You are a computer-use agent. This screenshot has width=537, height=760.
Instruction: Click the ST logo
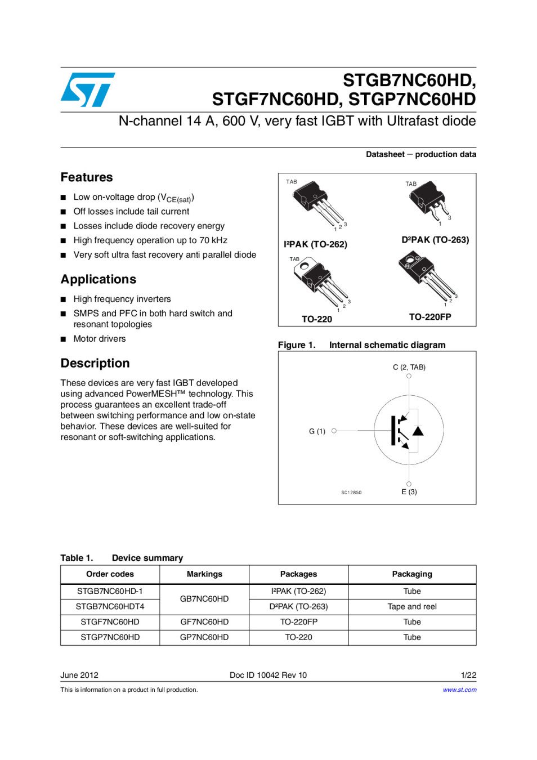click(87, 90)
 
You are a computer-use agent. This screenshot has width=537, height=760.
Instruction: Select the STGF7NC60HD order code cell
click(110, 622)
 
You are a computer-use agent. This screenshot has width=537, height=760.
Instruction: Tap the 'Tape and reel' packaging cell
click(412, 607)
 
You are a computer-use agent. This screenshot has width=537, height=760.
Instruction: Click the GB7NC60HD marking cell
click(204, 599)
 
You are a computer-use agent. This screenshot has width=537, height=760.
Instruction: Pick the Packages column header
click(298, 574)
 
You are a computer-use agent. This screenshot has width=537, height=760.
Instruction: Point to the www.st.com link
click(459, 690)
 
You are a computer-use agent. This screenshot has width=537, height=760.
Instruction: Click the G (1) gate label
click(317, 431)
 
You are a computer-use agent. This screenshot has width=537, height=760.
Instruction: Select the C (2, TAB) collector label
click(409, 367)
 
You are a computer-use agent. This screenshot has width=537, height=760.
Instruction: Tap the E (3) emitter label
click(409, 491)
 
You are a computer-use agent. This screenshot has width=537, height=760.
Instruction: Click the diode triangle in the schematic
click(418, 431)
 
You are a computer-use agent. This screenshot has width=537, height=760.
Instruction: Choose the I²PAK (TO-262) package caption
click(315, 244)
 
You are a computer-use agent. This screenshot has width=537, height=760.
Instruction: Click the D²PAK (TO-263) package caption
click(435, 240)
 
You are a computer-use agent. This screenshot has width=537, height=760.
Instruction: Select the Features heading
click(87, 177)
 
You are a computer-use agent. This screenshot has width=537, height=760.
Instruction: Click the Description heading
click(95, 363)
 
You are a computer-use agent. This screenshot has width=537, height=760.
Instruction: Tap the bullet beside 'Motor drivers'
click(64, 339)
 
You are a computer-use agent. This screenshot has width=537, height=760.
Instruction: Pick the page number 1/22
click(468, 675)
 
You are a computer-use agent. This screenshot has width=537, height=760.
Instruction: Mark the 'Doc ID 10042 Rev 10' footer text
click(268, 675)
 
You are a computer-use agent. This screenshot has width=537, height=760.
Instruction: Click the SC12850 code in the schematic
click(351, 493)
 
